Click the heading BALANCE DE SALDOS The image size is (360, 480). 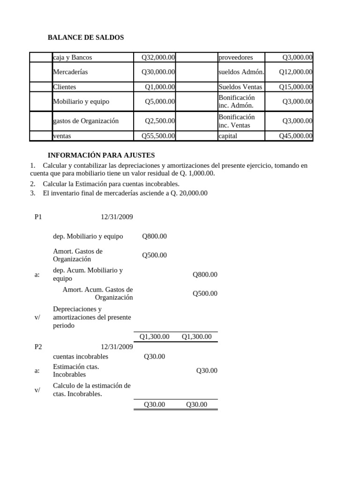[x=86, y=37]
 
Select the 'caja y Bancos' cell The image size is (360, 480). [x=73, y=57]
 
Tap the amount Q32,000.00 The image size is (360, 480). [x=158, y=57]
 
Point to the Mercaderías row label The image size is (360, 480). [x=70, y=72]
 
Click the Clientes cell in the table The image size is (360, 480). [x=65, y=87]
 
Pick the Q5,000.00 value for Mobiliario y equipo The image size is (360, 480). [x=160, y=101]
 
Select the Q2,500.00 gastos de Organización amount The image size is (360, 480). [x=160, y=121]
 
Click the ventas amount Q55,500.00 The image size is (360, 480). [x=158, y=136]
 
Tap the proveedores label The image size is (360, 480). [x=235, y=57]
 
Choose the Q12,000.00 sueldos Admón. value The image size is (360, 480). [x=295, y=72]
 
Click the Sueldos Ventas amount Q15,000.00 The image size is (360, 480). [x=295, y=87]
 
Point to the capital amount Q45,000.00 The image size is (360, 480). [x=295, y=136]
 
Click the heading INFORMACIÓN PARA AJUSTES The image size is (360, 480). [x=101, y=155]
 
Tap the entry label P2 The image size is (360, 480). [x=38, y=347]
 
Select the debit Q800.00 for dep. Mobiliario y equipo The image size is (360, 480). [x=154, y=236]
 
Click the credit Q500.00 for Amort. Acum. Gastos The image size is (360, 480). [x=205, y=293]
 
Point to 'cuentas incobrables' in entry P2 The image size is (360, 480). [x=81, y=357]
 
